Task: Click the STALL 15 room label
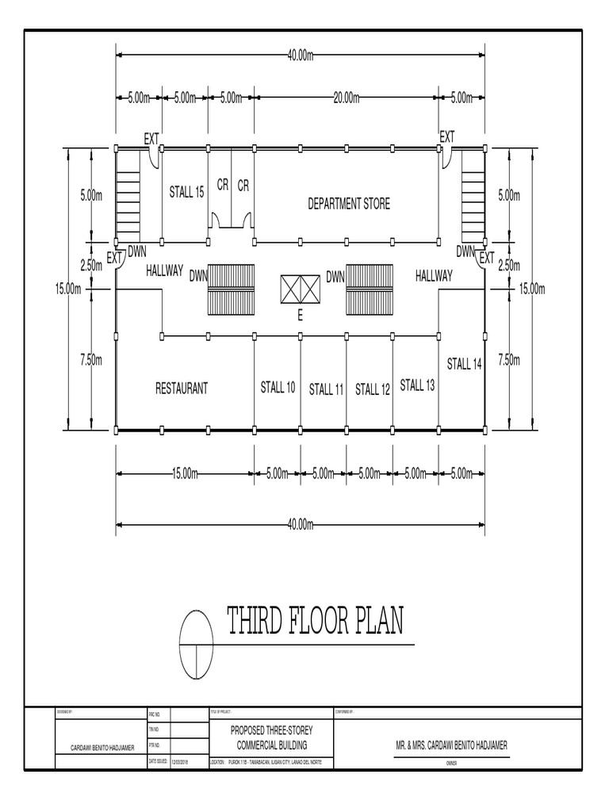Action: pyautogui.click(x=186, y=191)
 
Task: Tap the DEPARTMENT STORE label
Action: pyautogui.click(x=349, y=204)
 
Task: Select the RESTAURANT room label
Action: pyautogui.click(x=182, y=389)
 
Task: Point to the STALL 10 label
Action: pyautogui.click(x=278, y=387)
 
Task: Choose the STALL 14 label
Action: pyautogui.click(x=464, y=364)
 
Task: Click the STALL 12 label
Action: pyautogui.click(x=372, y=389)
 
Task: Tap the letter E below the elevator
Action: pyautogui.click(x=301, y=316)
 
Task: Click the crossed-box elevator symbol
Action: pyautogui.click(x=300, y=289)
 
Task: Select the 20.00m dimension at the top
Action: pyautogui.click(x=346, y=98)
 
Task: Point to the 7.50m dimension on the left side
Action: pyautogui.click(x=91, y=360)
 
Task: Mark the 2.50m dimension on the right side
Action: pyautogui.click(x=507, y=265)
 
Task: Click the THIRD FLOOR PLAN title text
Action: pyautogui.click(x=315, y=622)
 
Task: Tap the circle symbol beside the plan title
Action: pyautogui.click(x=197, y=644)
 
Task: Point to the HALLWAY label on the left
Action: pyautogui.click(x=165, y=270)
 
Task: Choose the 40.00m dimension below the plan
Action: pyautogui.click(x=301, y=524)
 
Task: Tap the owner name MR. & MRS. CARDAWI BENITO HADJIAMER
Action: pyautogui.click(x=451, y=746)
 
